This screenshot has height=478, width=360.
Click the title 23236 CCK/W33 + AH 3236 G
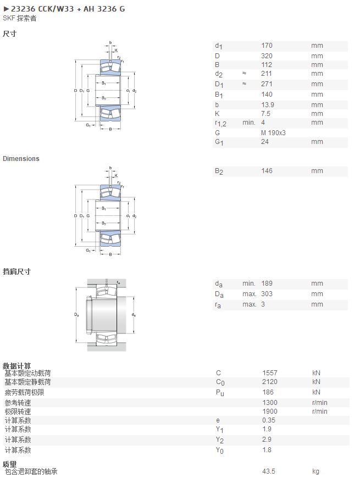pyautogui.click(x=68, y=9)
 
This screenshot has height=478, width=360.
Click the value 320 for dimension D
pyautogui.click(x=267, y=56)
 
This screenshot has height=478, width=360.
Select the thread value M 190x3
pyautogui.click(x=273, y=132)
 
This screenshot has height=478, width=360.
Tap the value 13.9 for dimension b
pyautogui.click(x=268, y=104)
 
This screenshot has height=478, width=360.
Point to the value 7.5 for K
pyautogui.click(x=266, y=113)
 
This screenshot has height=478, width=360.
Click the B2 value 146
pyautogui.click(x=267, y=171)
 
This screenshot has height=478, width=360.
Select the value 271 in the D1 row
pyautogui.click(x=267, y=84)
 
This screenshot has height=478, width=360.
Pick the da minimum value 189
pyautogui.click(x=267, y=283)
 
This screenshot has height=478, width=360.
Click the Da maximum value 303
pyautogui.click(x=267, y=293)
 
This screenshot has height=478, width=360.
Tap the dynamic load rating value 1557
pyautogui.click(x=270, y=373)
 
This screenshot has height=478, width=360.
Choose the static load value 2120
pyautogui.click(x=270, y=382)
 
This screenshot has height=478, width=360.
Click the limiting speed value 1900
pyautogui.click(x=270, y=411)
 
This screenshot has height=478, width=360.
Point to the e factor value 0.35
pyautogui.click(x=269, y=420)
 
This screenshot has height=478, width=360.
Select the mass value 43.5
pyautogui.click(x=269, y=471)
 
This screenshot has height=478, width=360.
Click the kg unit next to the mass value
pyautogui.click(x=316, y=471)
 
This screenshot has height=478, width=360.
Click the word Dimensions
pyautogui.click(x=21, y=159)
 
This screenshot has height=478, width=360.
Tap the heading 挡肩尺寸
pyautogui.click(x=17, y=271)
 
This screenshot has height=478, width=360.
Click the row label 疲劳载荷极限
pyautogui.click(x=24, y=392)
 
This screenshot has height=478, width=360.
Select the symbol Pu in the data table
pyautogui.click(x=220, y=393)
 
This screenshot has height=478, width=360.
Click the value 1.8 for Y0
pyautogui.click(x=267, y=449)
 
